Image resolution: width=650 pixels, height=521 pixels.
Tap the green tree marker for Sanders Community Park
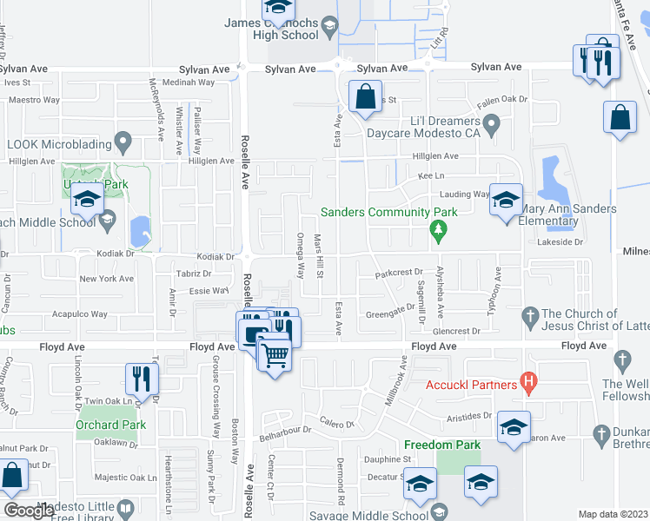click(x=439, y=229)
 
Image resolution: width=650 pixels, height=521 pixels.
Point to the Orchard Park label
click(x=110, y=425)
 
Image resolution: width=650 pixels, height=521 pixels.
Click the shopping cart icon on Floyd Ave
click(x=275, y=353)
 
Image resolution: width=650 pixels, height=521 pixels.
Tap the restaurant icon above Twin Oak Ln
click(x=140, y=379)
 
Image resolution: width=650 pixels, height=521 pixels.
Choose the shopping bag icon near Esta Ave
click(x=366, y=96)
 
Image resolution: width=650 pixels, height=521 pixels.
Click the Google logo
click(x=29, y=511)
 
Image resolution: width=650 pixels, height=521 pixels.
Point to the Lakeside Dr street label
click(x=561, y=242)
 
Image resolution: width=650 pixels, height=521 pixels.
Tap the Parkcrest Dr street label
click(x=398, y=273)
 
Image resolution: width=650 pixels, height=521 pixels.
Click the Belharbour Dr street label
click(x=286, y=431)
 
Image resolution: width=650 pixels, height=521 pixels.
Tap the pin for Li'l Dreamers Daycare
click(x=492, y=128)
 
